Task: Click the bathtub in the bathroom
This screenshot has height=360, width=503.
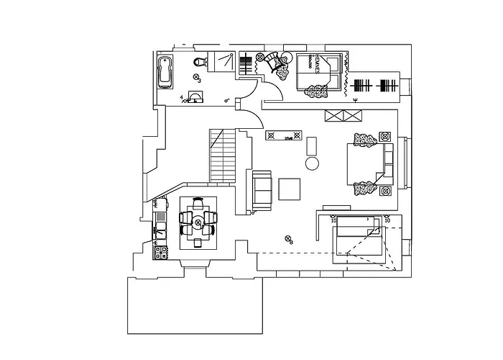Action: click(165, 71)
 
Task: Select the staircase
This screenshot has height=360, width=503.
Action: click(222, 156)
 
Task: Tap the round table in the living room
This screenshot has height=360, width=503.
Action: click(313, 163)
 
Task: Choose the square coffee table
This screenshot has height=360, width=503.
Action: click(290, 189)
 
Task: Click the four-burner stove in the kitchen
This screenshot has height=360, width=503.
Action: click(160, 252)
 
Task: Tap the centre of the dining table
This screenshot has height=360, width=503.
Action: click(198, 224)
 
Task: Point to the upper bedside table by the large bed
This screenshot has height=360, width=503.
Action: click(384, 135)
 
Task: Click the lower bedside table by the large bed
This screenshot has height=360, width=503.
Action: click(384, 191)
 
